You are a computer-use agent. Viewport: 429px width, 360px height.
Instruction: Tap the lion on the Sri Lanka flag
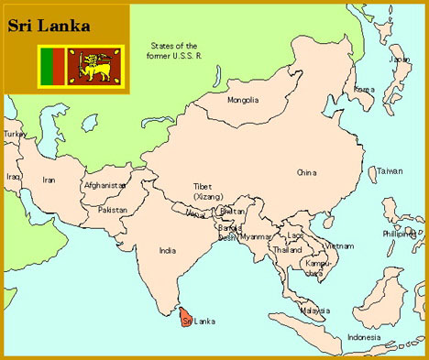(x=94, y=65)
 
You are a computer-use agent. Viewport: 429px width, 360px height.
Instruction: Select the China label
(x=306, y=172)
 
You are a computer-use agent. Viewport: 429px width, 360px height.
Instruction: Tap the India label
(x=167, y=249)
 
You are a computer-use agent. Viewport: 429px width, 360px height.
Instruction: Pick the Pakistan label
(x=113, y=210)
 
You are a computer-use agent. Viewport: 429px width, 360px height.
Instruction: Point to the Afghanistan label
(x=104, y=185)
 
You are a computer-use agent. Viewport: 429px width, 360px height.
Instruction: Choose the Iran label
(x=49, y=180)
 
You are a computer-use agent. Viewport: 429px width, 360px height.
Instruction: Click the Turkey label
(x=15, y=134)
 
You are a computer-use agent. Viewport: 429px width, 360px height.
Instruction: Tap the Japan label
(x=400, y=60)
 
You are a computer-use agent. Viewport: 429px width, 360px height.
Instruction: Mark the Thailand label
(x=287, y=249)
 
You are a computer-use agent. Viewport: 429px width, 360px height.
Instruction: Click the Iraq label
(x=13, y=176)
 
